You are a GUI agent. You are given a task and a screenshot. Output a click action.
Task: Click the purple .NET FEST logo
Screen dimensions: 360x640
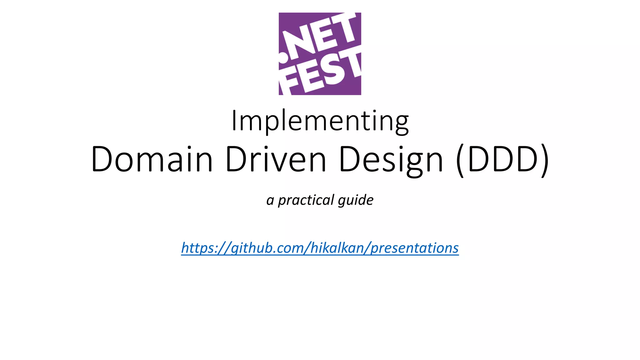click(320, 54)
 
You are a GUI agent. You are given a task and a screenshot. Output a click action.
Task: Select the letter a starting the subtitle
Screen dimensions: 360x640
click(270, 200)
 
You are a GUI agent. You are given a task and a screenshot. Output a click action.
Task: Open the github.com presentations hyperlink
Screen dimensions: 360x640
click(320, 248)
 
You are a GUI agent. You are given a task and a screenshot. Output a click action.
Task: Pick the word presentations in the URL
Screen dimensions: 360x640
click(415, 248)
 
